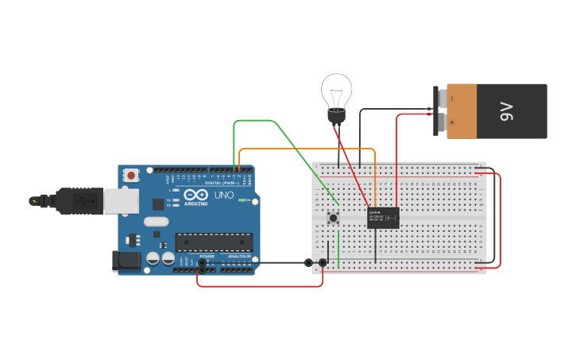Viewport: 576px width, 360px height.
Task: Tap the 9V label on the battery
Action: [x=506, y=111]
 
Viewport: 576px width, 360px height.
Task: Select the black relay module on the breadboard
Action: [x=383, y=218]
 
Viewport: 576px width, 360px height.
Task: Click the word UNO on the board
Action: [x=225, y=195]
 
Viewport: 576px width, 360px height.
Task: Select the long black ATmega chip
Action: [x=214, y=242]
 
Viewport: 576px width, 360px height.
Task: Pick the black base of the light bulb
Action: [x=337, y=117]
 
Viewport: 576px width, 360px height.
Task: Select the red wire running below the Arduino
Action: [x=262, y=286]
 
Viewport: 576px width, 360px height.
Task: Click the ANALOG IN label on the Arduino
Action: [x=238, y=257]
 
